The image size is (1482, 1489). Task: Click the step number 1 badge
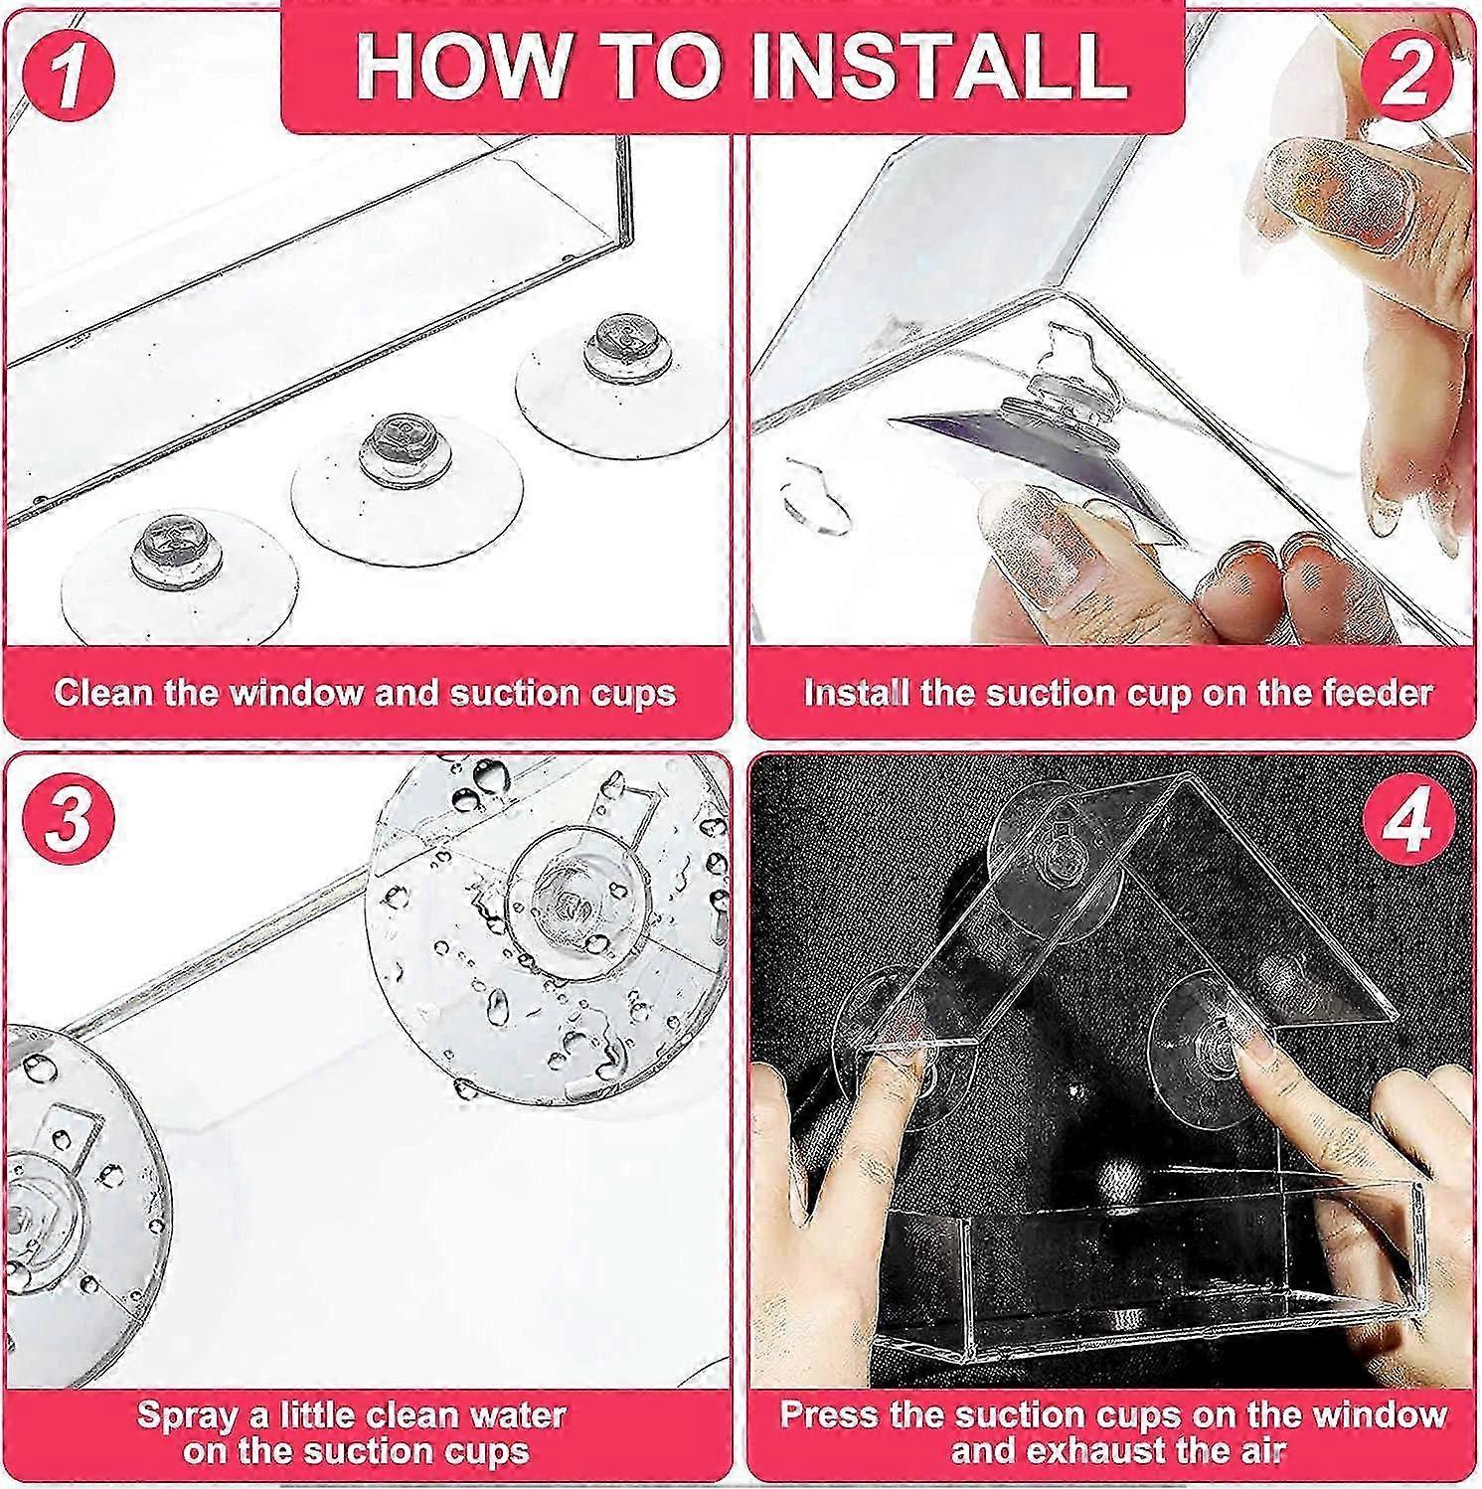pyautogui.click(x=67, y=72)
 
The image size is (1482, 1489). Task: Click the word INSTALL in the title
pyautogui.click(x=937, y=66)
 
